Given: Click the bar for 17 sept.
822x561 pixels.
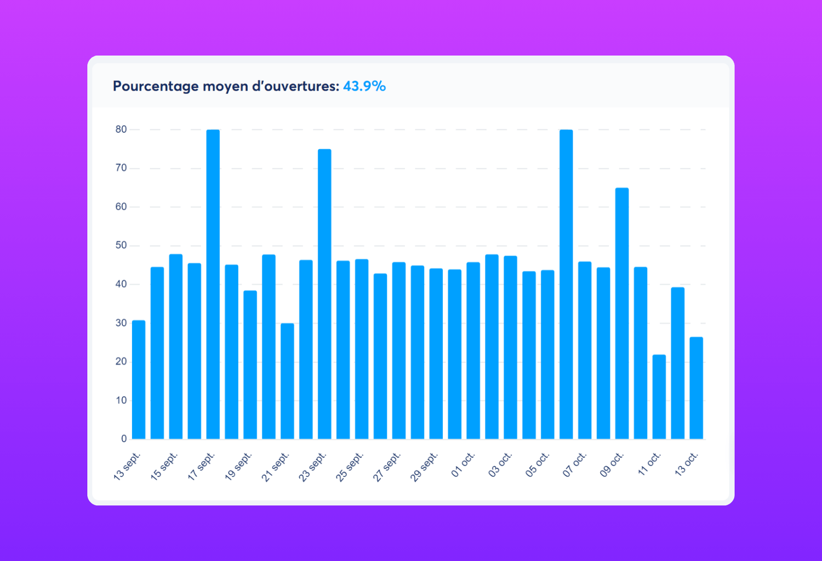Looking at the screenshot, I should pos(213,285).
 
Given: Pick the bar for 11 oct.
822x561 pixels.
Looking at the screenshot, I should pos(659,397).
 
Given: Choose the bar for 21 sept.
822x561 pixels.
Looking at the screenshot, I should pos(287,382).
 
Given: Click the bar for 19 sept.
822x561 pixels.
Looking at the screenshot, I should pos(250,365).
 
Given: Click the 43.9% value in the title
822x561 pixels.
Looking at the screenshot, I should pos(364,87).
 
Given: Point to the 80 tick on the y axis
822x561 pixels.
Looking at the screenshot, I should pos(121,130).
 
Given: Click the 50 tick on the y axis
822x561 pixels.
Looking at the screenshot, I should pos(121,246).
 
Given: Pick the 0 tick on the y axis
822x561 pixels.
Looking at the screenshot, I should pos(124,439).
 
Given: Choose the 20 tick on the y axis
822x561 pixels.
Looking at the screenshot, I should pos(121,361).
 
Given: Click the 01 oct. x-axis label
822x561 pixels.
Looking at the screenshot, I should pos(463,465).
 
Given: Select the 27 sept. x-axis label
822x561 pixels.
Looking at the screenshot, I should pos(387,467).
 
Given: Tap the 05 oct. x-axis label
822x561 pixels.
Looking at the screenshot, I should pos(538,465).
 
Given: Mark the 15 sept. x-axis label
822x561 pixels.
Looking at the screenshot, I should pos(164,467).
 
